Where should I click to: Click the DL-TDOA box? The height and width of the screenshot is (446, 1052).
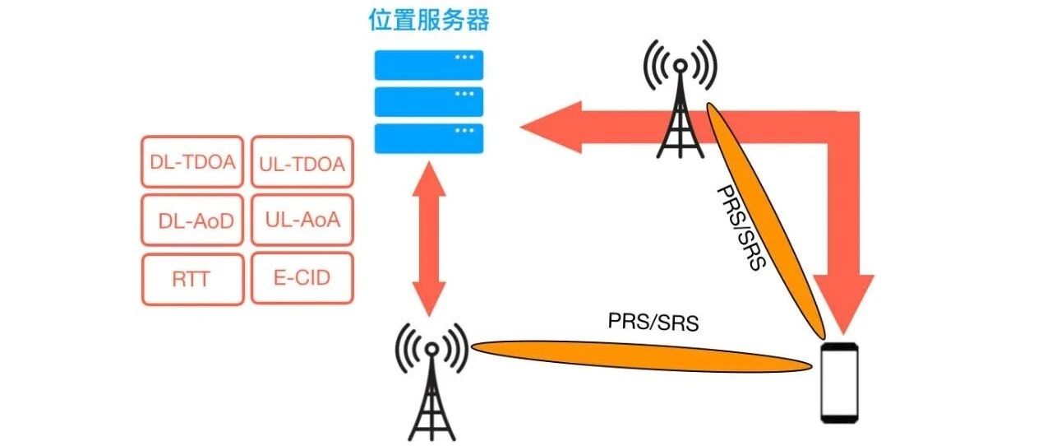(192, 161)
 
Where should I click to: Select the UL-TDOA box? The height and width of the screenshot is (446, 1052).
(302, 163)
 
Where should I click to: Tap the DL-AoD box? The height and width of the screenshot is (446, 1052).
(192, 220)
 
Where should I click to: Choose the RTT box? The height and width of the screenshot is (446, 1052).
(192, 279)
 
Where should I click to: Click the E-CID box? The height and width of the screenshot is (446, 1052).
(302, 277)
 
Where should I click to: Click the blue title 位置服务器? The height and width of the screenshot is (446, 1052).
(428, 21)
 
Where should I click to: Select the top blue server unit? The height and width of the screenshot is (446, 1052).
(429, 64)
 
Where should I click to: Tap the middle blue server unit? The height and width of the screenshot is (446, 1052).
(429, 101)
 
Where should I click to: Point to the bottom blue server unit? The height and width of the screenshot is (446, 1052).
(429, 138)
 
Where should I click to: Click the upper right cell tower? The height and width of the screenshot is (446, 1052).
(680, 103)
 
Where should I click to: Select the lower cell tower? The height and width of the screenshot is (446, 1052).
(431, 383)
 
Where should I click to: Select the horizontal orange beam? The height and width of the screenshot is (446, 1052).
(641, 353)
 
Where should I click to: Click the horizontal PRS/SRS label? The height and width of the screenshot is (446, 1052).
(653, 321)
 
